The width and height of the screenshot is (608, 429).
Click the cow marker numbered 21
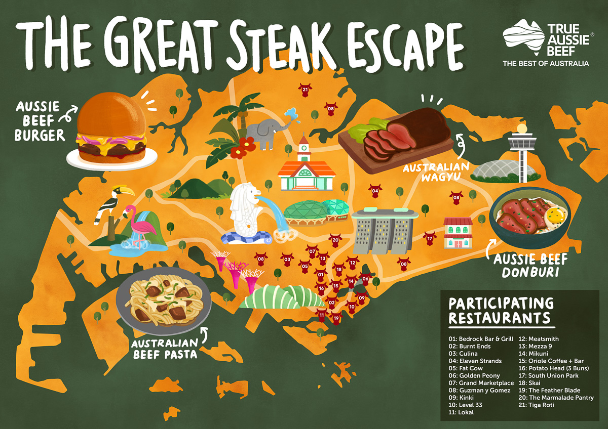pyautogui.click(x=305, y=91)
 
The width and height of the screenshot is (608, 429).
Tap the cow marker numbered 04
pyautogui.click(x=375, y=192)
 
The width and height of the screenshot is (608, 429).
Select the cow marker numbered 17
pyautogui.click(x=430, y=238)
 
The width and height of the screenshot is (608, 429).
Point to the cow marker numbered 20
pyautogui.click(x=334, y=240)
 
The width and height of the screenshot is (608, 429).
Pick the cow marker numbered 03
pyautogui.click(x=287, y=260)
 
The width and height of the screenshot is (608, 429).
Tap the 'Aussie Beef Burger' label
pyautogui.click(x=39, y=121)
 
